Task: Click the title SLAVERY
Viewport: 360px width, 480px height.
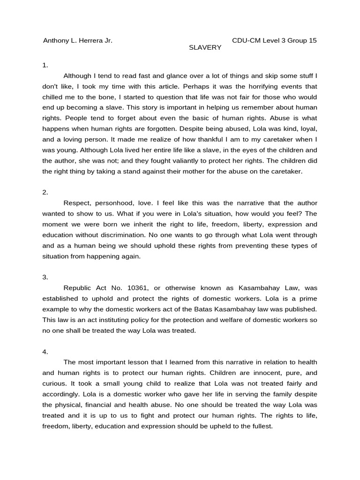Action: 205,48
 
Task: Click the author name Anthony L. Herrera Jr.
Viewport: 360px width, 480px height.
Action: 78,40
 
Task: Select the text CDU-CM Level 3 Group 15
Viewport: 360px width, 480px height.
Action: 274,40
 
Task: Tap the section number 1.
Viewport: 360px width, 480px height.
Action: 45,65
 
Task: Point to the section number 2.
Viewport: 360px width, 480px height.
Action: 45,192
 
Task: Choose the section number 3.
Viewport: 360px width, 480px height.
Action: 45,277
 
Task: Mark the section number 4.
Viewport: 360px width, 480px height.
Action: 45,352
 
